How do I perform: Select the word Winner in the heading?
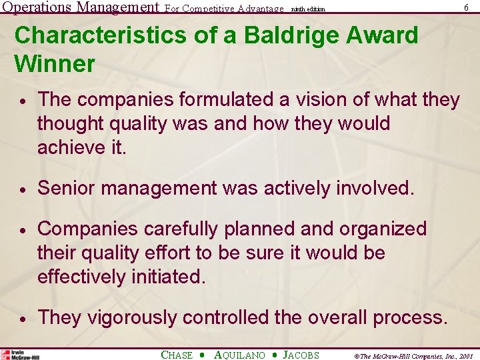[x=54, y=65]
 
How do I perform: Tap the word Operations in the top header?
[x=37, y=7]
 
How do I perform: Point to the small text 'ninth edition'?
[x=308, y=9]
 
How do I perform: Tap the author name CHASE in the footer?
[x=177, y=355]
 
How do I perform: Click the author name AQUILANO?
[x=239, y=355]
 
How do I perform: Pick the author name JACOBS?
[x=301, y=355]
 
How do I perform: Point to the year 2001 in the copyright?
[x=465, y=356]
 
